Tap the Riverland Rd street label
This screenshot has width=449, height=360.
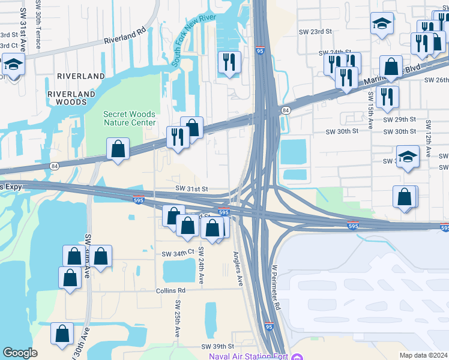[x=125, y=36]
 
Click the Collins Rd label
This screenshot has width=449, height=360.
[x=172, y=290]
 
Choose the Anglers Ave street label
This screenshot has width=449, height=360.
[x=239, y=268]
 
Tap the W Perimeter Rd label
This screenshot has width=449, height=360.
[x=276, y=287]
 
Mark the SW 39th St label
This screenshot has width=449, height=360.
[x=217, y=347]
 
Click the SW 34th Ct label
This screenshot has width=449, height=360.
[x=178, y=254]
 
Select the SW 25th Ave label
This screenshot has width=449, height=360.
[x=178, y=319]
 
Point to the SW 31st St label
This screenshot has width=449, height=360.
[x=191, y=188]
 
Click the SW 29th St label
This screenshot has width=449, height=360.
[x=400, y=120]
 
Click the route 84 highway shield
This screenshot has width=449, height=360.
[x=286, y=110]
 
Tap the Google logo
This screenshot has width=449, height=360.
[x=20, y=353]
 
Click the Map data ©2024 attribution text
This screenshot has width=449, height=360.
[x=423, y=355]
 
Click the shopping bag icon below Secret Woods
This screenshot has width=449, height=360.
[x=118, y=148]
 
